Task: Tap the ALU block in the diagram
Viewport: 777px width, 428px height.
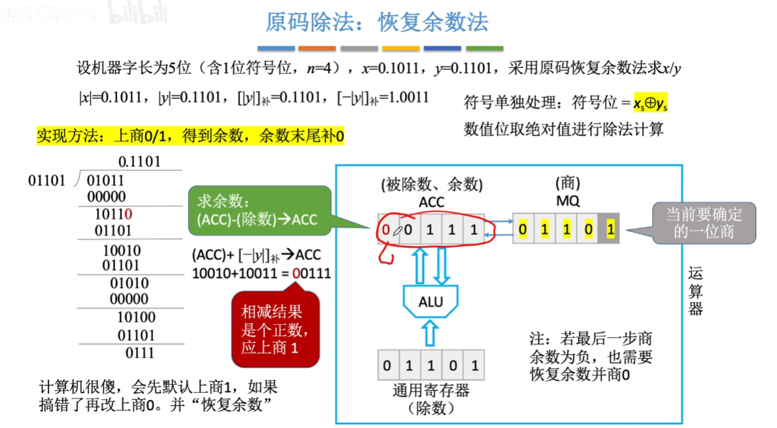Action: point(430,302)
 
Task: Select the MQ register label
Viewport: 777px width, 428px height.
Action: point(568,201)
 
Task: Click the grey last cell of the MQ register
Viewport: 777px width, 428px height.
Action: point(610,230)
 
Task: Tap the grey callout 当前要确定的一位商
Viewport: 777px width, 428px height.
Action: point(704,223)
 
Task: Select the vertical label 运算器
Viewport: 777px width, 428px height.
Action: point(696,291)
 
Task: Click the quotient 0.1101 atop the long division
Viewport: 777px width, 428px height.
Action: point(139,162)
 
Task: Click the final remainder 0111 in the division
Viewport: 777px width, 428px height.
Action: point(139,353)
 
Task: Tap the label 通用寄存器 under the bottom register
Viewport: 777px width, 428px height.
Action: point(430,391)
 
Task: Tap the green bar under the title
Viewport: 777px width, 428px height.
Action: point(485,48)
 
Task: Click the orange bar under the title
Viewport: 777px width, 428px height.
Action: point(317,48)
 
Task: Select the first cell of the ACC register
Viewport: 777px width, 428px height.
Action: point(388,230)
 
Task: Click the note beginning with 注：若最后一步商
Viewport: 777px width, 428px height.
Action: point(591,357)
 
